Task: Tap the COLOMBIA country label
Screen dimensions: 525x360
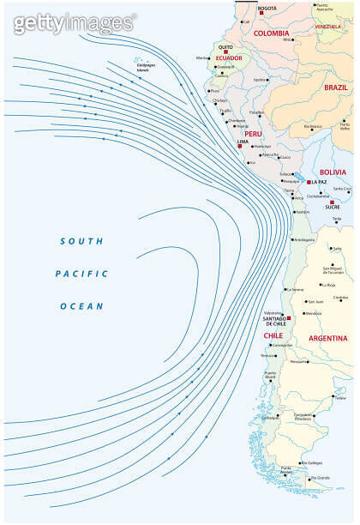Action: (x=272, y=33)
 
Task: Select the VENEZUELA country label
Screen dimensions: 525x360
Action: (x=327, y=27)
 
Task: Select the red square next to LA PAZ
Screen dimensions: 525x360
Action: (x=309, y=182)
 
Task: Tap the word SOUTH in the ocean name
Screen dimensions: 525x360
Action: (x=81, y=242)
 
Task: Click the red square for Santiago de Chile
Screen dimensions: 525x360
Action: (x=290, y=318)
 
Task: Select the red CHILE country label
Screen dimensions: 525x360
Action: (x=273, y=335)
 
